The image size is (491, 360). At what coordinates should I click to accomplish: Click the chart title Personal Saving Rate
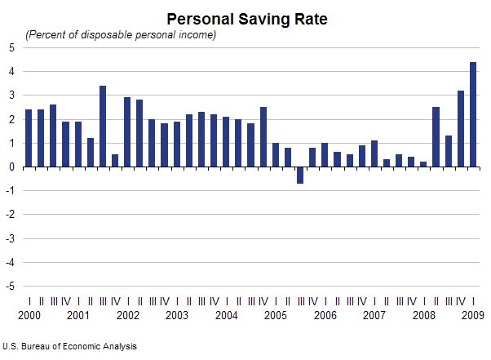(246, 18)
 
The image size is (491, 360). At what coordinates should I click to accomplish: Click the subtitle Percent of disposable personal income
(121, 34)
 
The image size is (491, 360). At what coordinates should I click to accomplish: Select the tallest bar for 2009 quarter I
(473, 114)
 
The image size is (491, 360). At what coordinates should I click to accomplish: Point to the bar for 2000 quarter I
(29, 138)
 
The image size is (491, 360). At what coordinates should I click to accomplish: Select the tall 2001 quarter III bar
(103, 127)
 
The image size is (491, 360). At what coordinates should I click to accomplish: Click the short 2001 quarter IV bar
(115, 161)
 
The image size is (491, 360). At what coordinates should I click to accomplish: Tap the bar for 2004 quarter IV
(263, 137)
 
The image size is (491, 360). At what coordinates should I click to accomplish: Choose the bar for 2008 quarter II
(436, 137)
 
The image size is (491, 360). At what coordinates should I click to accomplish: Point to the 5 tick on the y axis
(11, 47)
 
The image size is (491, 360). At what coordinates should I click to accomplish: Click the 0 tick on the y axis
(11, 167)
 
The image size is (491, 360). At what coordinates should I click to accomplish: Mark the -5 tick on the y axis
(10, 287)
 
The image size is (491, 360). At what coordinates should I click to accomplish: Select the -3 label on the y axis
(10, 239)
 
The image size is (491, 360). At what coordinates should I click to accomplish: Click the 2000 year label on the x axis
(29, 315)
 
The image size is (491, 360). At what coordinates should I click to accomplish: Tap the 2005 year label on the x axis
(276, 315)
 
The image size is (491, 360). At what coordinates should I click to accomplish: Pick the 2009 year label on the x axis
(473, 315)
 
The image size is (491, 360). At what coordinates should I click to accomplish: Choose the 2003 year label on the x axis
(177, 315)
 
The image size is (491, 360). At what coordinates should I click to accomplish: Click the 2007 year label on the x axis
(374, 315)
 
